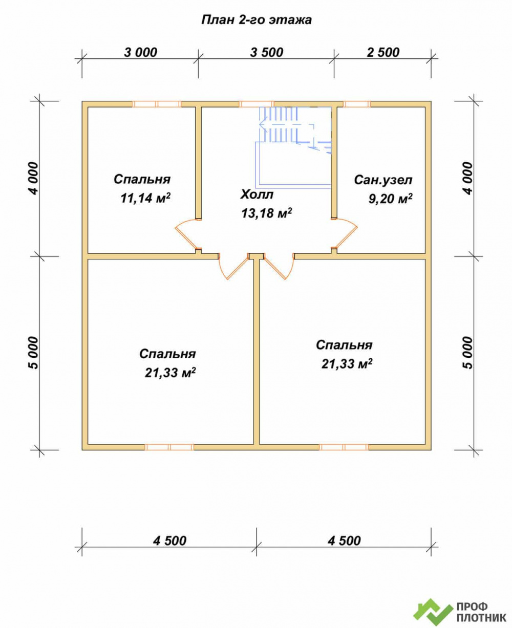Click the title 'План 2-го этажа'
(257, 20)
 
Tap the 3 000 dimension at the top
(141, 53)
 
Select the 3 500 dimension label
(267, 53)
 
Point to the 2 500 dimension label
(383, 53)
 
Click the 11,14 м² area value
(145, 198)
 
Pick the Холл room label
(257, 194)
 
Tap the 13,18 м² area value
(267, 213)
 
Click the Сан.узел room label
(383, 180)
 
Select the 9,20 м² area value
(391, 199)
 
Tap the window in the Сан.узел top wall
(357, 104)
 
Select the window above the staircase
(256, 104)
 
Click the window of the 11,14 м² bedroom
(156, 104)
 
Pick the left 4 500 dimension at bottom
(169, 540)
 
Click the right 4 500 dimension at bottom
(344, 540)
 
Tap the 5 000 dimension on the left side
(33, 353)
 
